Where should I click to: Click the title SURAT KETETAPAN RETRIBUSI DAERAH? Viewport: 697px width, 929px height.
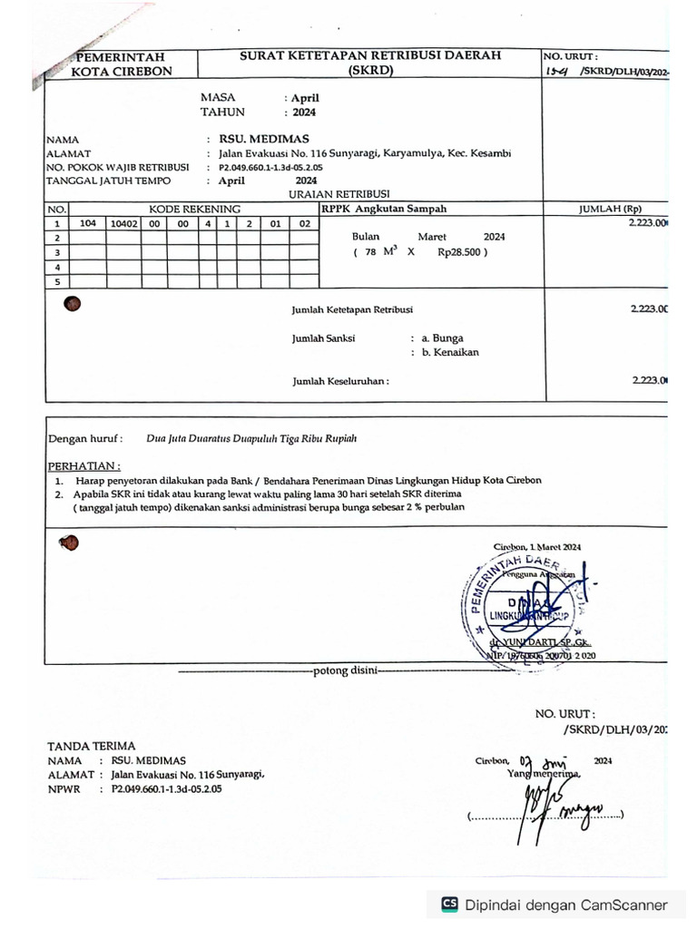point(369,56)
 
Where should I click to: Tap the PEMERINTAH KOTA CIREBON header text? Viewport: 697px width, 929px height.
point(122,64)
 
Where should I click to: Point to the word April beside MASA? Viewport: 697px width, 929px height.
point(305,98)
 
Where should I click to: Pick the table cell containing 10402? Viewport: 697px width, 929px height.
point(123,222)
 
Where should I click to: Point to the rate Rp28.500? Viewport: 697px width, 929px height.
point(458,252)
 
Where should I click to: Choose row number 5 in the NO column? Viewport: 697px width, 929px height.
point(57,281)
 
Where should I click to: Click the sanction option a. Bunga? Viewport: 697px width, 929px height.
point(442,337)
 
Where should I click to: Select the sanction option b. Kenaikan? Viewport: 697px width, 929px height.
point(449,352)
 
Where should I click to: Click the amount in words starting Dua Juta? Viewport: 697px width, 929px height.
point(251,438)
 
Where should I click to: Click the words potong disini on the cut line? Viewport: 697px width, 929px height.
point(343,672)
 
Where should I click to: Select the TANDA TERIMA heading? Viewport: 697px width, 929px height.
point(91,746)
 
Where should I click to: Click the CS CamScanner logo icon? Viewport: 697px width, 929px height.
point(449,904)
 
